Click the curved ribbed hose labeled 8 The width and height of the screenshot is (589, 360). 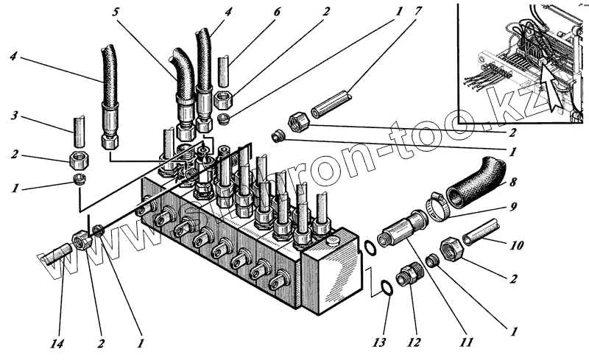click(x=478, y=180)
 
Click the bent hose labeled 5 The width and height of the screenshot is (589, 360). click(x=182, y=70)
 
